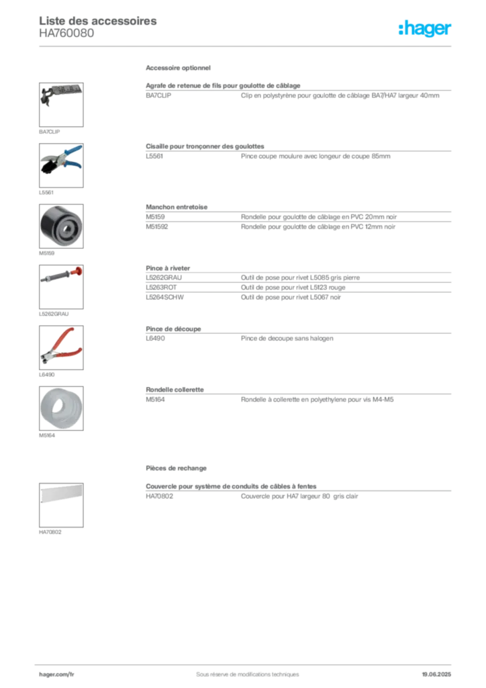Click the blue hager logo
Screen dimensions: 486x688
(x=426, y=28)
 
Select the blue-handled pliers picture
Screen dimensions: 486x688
(x=60, y=158)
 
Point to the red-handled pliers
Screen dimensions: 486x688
(x=60, y=345)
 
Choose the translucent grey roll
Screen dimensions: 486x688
(x=60, y=407)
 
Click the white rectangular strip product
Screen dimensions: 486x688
(x=60, y=493)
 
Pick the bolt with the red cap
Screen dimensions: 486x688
(x=61, y=275)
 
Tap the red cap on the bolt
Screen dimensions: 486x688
(x=79, y=271)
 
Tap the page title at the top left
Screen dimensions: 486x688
(x=99, y=21)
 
